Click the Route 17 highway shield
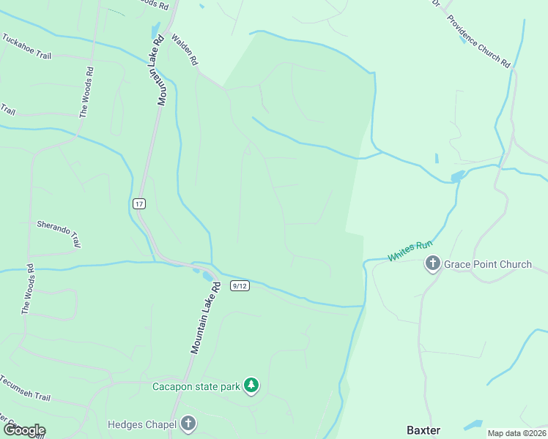(x=139, y=203)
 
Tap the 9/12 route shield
(x=240, y=285)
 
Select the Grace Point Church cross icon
(x=433, y=264)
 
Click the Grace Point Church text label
(x=488, y=264)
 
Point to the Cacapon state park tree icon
(x=251, y=386)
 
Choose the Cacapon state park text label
(x=196, y=386)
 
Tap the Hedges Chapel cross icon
(x=188, y=424)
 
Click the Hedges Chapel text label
(x=142, y=424)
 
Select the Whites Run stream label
(x=410, y=251)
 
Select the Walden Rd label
(x=185, y=50)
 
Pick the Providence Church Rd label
(x=478, y=42)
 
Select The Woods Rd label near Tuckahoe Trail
(x=86, y=93)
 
